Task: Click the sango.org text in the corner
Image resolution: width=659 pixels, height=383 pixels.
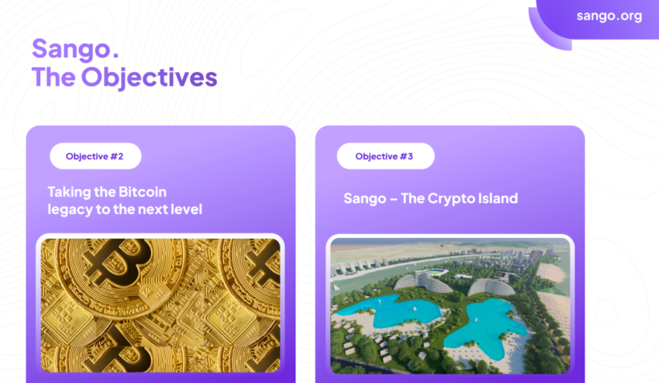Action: pyautogui.click(x=609, y=16)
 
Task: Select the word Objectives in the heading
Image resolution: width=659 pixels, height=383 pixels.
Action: pyautogui.click(x=149, y=78)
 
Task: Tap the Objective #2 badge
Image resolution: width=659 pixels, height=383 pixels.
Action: pyautogui.click(x=95, y=156)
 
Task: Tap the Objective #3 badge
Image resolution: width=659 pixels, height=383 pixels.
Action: pyautogui.click(x=385, y=156)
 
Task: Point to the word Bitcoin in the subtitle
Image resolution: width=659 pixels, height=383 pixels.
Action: pyautogui.click(x=143, y=191)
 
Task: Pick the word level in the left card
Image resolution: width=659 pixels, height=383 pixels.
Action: pyautogui.click(x=186, y=209)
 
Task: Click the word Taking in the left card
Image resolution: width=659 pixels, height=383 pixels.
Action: pyautogui.click(x=69, y=192)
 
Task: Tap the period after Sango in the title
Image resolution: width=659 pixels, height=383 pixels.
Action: pyautogui.click(x=116, y=56)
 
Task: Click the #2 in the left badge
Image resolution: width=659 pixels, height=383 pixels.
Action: pyautogui.click(x=117, y=157)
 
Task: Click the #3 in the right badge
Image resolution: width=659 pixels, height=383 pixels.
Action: pyautogui.click(x=406, y=157)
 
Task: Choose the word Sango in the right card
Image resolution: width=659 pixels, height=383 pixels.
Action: pyautogui.click(x=365, y=198)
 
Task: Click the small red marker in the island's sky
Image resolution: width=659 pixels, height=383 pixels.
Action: pyautogui.click(x=442, y=246)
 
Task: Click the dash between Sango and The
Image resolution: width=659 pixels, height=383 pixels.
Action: pyautogui.click(x=393, y=198)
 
